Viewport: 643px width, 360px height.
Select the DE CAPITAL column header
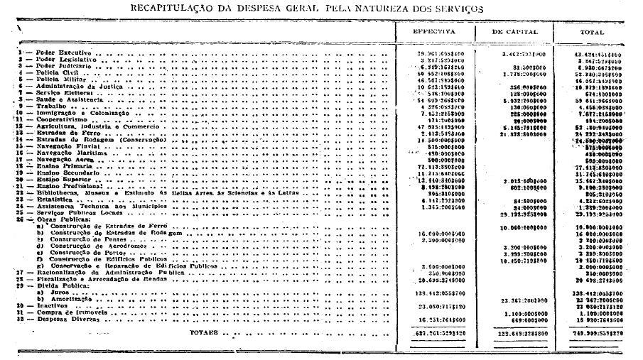pos(515,32)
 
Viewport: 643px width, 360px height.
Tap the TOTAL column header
pos(592,32)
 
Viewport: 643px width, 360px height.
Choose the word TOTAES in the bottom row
pos(205,332)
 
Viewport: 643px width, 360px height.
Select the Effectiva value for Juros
pos(438,292)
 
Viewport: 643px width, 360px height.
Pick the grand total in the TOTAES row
pos(593,332)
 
